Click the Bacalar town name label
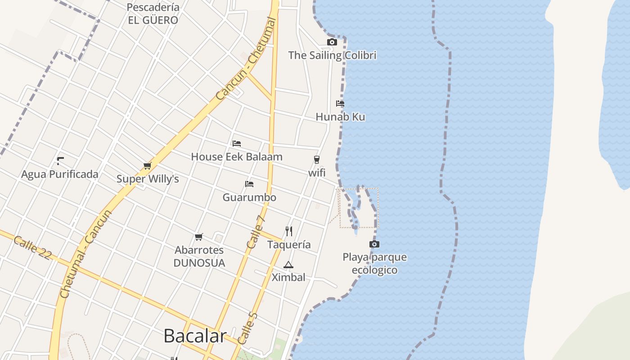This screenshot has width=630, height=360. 194,336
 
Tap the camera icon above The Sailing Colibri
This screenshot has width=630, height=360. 332,42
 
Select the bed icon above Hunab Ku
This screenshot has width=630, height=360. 340,103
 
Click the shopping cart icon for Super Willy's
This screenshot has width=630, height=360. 147,166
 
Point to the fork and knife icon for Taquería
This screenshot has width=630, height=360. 289,231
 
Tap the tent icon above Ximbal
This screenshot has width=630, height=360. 288,265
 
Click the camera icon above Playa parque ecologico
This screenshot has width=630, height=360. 374,244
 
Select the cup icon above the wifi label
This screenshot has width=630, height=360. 317,160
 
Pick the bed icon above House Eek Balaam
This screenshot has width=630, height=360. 237,144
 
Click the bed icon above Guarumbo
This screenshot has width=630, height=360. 249,184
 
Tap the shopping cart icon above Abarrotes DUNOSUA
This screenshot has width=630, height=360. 199,237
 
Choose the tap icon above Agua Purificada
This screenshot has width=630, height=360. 60,161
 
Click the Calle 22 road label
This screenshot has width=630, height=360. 32,247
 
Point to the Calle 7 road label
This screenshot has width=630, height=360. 256,232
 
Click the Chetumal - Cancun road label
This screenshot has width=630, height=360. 85,254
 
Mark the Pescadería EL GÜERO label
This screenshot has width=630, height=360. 153,13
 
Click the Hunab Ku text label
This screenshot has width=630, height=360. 340,117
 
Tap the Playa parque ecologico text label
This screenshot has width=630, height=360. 374,264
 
